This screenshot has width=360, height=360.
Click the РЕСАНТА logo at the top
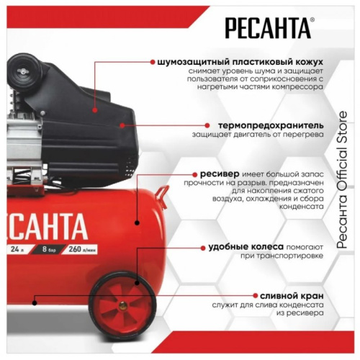[x=269, y=29]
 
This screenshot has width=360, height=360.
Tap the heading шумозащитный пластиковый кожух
[x=240, y=62]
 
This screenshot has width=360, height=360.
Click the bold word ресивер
[x=215, y=174]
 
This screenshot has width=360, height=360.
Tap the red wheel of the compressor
[x=124, y=302]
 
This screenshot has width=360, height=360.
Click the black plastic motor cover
[x=79, y=115]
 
